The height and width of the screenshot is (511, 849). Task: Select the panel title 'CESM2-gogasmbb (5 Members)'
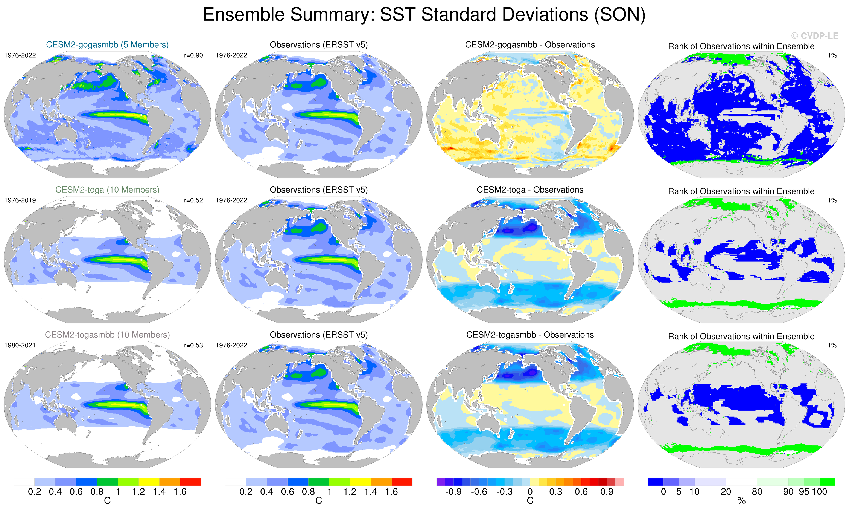click(107, 45)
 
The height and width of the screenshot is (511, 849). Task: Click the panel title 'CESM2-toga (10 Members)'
click(107, 190)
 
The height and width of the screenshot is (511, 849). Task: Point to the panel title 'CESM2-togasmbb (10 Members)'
click(107, 335)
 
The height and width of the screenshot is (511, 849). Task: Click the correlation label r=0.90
click(193, 55)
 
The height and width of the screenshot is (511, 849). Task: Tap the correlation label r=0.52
click(193, 200)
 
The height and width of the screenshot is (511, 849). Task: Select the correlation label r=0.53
click(193, 345)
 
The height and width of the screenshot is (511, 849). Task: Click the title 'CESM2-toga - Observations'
click(530, 190)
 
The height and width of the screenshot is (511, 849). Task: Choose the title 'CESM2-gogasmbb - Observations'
click(530, 45)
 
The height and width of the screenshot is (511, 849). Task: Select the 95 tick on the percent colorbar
click(804, 492)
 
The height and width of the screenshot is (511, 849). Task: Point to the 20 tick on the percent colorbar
click(726, 492)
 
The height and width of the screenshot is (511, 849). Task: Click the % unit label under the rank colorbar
click(741, 501)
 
